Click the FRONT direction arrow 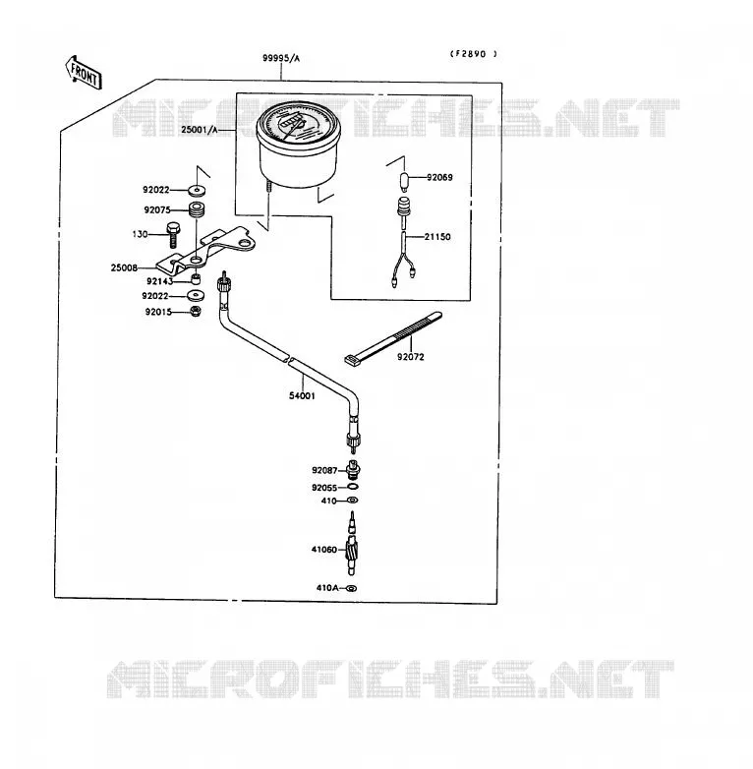84,73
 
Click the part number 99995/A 281,58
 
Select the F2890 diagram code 473,54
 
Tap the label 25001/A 199,130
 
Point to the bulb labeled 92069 405,182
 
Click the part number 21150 437,237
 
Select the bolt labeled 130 173,234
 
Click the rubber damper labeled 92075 197,209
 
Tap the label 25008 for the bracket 124,267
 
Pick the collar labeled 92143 196,279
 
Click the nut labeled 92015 195,311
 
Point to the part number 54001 302,395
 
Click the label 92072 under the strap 410,357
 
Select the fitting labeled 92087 353,469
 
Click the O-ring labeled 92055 353,487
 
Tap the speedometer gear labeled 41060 352,544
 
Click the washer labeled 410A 351,588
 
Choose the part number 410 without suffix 329,501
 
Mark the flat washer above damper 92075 197,190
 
